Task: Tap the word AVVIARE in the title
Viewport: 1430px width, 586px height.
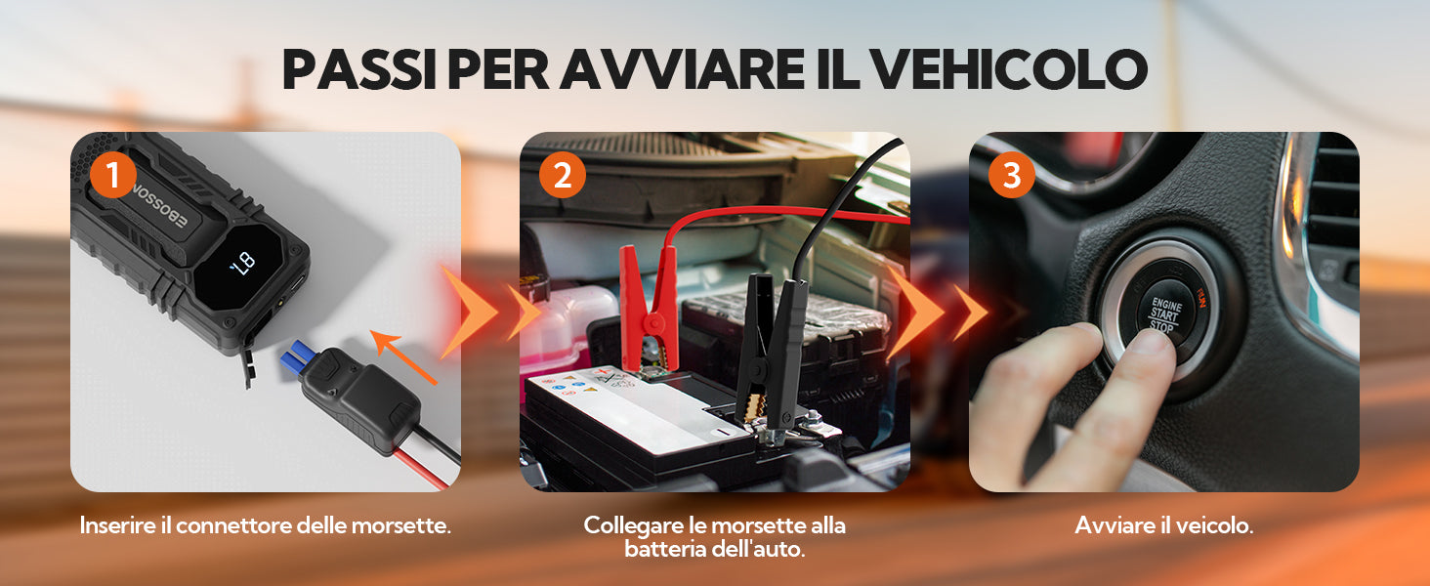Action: coord(683,69)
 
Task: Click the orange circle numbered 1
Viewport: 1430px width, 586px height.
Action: coord(113,174)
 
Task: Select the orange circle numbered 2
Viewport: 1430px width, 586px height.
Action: coord(563,174)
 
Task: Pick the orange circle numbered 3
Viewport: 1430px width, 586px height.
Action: coord(1012,174)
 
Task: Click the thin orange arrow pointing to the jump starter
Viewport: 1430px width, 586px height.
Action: coord(402,357)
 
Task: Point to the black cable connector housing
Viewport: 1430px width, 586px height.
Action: coord(361,398)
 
